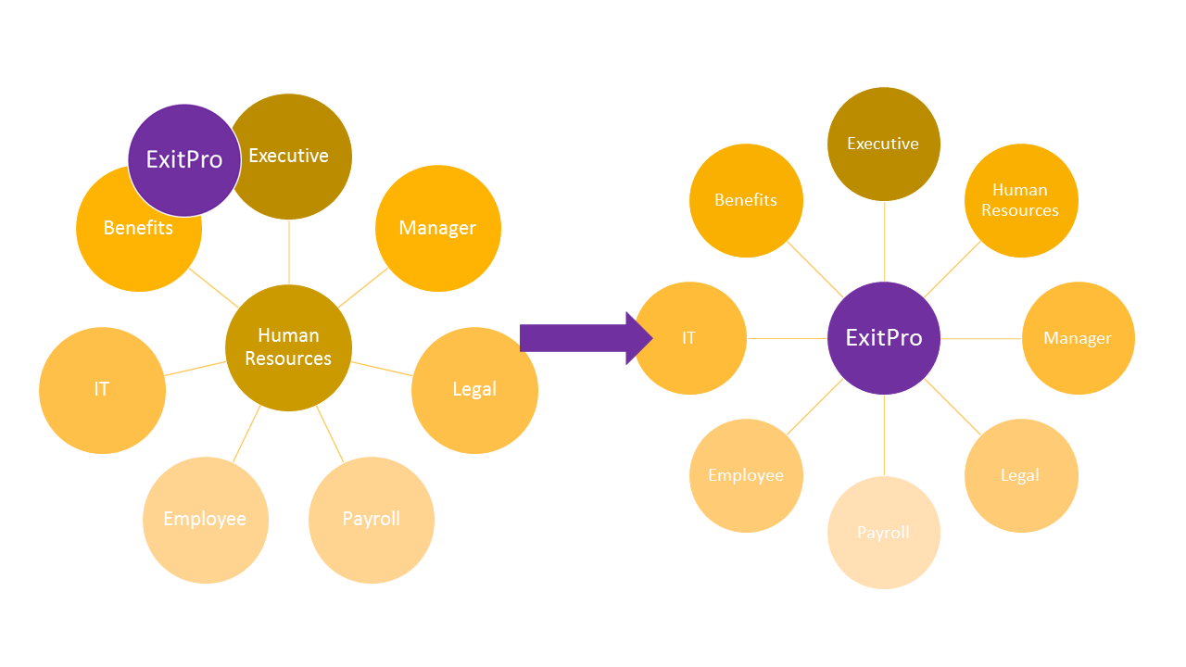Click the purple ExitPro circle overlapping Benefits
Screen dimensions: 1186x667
point(184,160)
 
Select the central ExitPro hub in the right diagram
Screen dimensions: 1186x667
point(884,338)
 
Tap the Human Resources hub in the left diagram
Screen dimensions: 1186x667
point(288,347)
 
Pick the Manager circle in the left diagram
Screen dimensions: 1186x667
point(438,228)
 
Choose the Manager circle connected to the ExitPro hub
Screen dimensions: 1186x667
point(1078,338)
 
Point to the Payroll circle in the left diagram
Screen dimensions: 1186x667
point(372,520)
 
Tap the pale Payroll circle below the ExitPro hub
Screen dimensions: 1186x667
point(884,533)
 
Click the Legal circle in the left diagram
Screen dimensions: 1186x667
point(475,390)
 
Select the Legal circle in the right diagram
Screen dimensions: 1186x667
point(1021,475)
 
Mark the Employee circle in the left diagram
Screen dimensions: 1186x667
point(206,520)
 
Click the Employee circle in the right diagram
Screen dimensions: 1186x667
point(746,475)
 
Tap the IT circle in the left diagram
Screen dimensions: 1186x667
point(102,390)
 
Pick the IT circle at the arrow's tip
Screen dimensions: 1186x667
point(690,338)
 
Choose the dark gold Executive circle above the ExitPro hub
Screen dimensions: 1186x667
point(884,144)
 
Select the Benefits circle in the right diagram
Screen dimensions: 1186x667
point(746,200)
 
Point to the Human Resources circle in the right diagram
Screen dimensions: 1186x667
point(1021,200)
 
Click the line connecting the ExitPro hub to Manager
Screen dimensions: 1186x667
point(981,338)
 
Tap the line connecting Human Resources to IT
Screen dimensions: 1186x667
point(196,369)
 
